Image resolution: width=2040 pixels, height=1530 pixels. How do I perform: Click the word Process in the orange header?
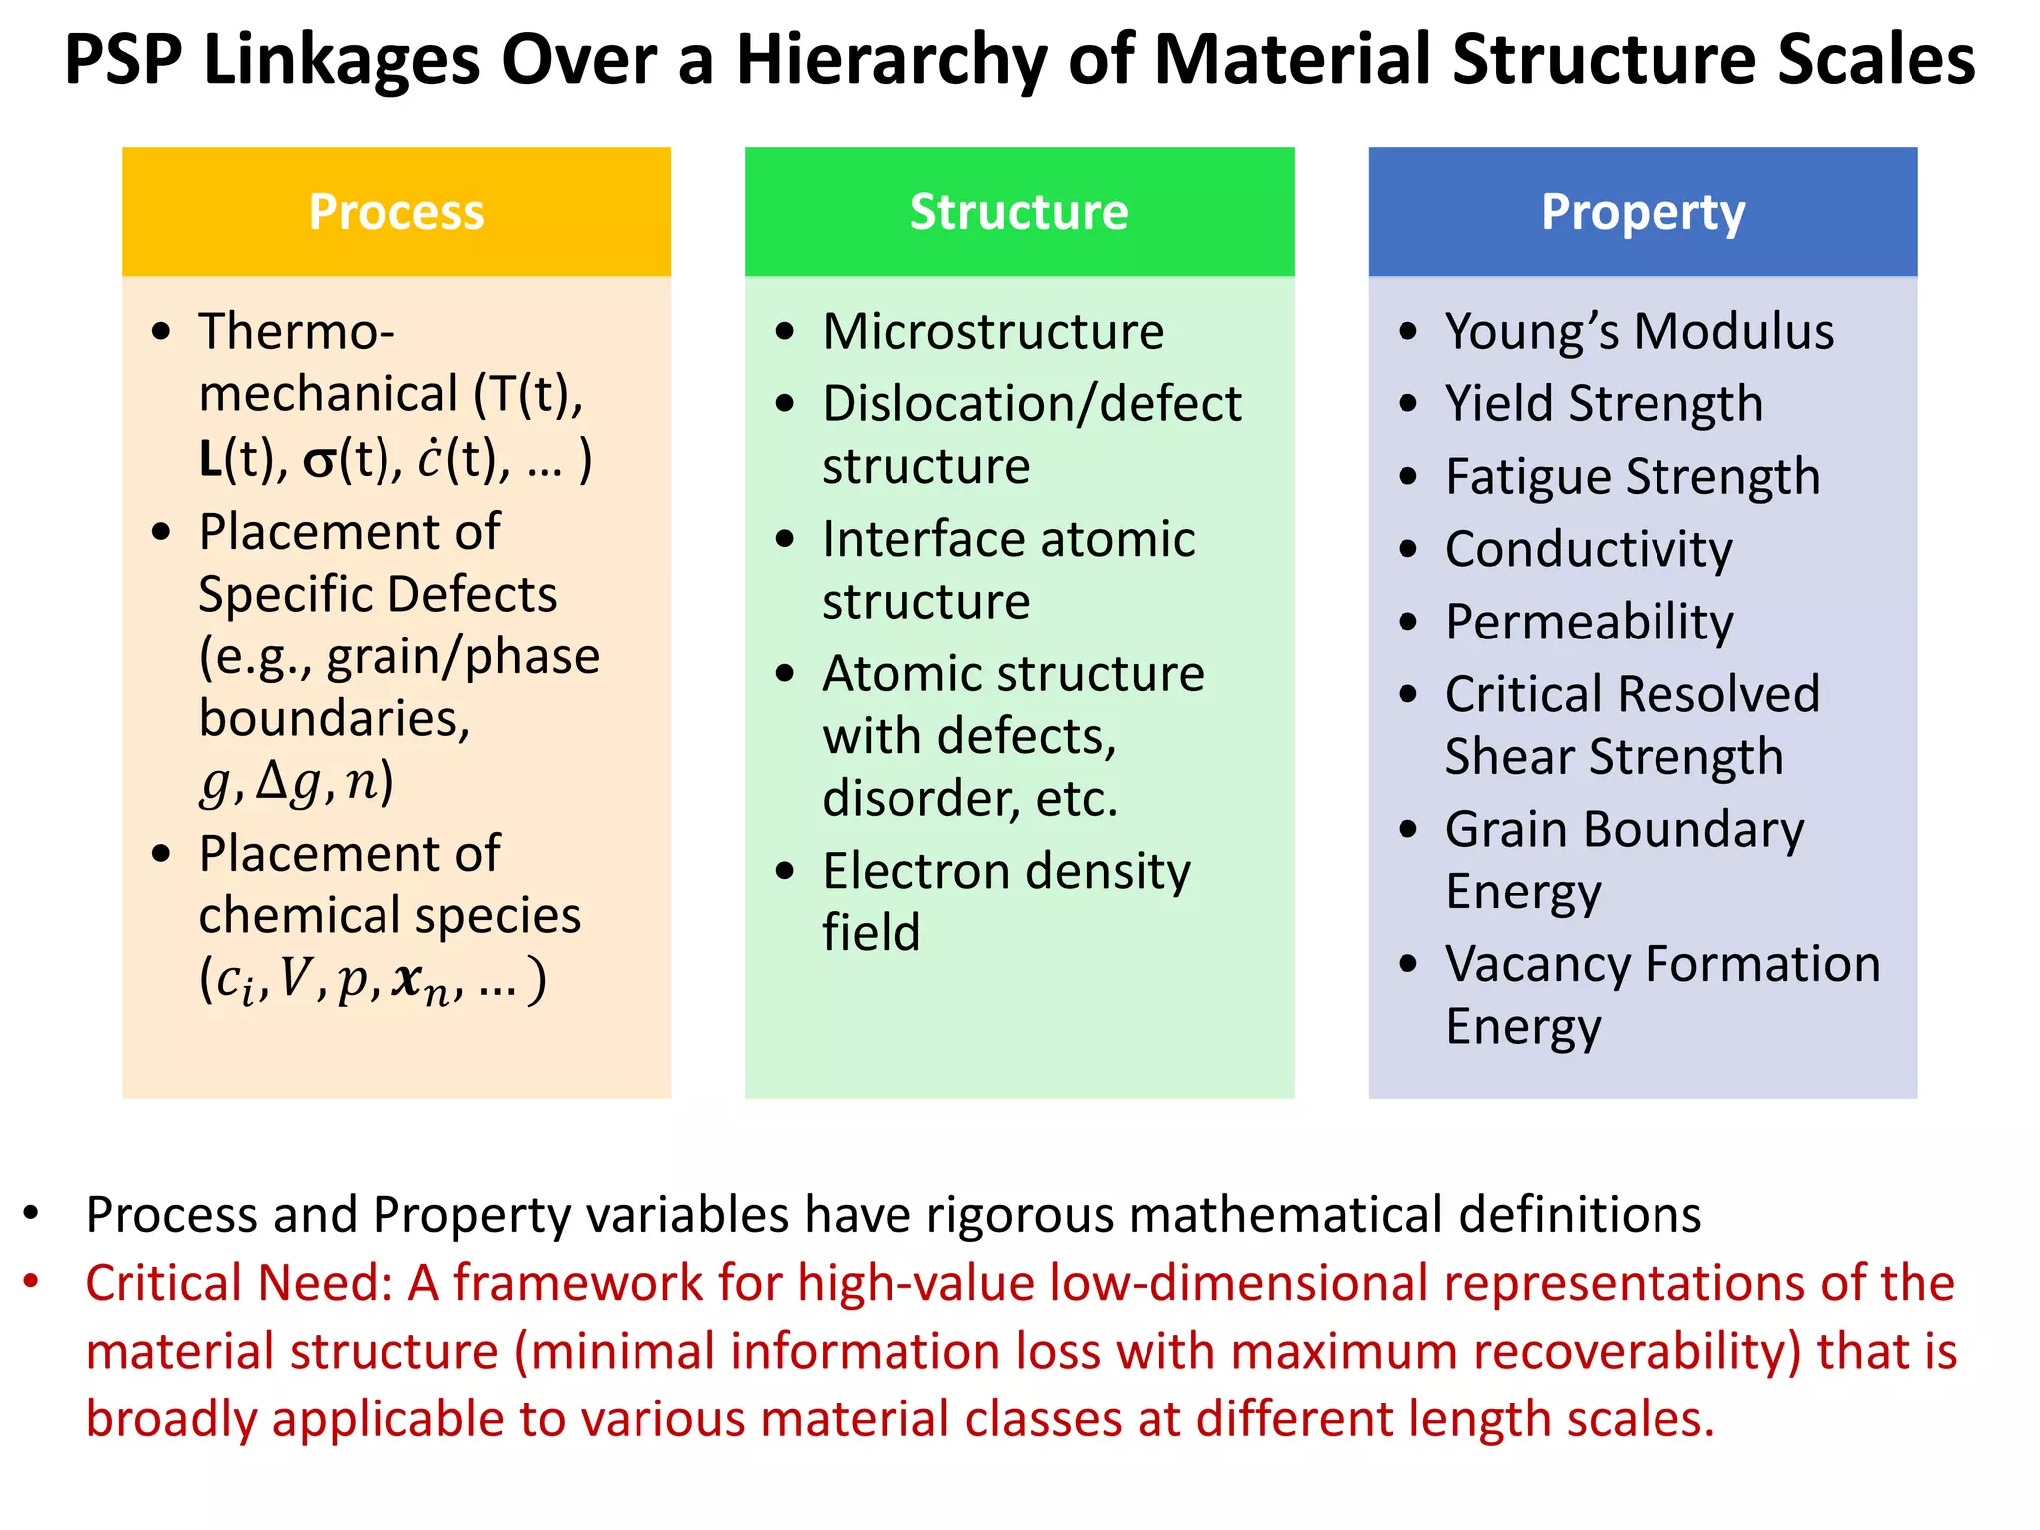395,212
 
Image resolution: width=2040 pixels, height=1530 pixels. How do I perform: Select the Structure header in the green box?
1019,212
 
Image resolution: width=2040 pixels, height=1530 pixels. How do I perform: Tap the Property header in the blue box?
1643,213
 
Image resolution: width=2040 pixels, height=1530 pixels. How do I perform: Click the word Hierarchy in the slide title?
892,60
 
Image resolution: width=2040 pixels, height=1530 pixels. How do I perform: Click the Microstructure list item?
993,332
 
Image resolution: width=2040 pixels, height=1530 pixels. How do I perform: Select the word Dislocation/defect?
1032,404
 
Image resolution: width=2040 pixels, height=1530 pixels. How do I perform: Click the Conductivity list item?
1589,550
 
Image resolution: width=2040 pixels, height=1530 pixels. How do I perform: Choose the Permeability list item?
1589,623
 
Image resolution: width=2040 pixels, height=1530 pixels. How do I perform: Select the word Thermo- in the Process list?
297,332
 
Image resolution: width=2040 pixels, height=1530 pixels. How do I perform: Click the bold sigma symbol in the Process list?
320,462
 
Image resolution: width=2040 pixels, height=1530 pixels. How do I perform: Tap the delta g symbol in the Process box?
289,782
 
